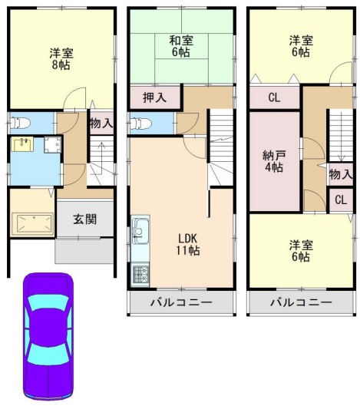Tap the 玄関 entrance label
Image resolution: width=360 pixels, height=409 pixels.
84,219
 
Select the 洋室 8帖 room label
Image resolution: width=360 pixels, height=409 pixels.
61,59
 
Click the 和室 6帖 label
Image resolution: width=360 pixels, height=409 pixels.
181,47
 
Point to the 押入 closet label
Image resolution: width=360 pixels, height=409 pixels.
154,97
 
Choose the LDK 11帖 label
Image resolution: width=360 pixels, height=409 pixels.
188,245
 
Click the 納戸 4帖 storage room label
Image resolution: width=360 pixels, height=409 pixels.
274,161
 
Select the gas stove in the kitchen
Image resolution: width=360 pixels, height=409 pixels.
140,275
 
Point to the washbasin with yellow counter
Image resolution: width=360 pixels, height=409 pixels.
22,144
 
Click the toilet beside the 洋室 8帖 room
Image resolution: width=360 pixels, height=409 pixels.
20,123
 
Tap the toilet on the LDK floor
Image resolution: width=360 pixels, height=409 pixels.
140,123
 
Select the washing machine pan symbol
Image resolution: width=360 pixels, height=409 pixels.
52,145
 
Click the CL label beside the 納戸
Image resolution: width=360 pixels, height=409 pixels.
274,97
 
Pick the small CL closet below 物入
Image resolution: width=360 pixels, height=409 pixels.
341,200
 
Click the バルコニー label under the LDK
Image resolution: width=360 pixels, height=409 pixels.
181,302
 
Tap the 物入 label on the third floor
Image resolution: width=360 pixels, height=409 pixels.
341,174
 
